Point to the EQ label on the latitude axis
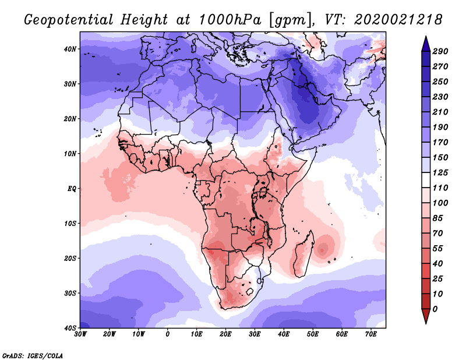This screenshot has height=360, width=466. point(72,189)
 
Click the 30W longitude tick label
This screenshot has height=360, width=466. point(80,334)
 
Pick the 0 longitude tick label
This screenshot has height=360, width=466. point(168,334)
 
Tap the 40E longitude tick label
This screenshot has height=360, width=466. point(284,334)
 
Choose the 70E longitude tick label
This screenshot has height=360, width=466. point(371,334)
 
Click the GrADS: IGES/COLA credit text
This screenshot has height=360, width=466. point(32,355)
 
